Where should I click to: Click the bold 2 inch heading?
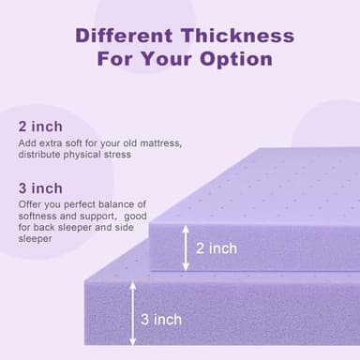pos(40,126)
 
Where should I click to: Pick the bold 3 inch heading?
pos(40,187)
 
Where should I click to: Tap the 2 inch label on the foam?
pos(217,248)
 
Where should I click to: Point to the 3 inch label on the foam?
pos(161,320)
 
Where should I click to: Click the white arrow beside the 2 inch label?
pos(187,247)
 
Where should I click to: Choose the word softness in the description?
pos(38,216)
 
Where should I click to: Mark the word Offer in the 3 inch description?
pos(29,204)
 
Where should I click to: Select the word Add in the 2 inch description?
pos(26,142)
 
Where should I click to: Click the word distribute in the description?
pos(39,155)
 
